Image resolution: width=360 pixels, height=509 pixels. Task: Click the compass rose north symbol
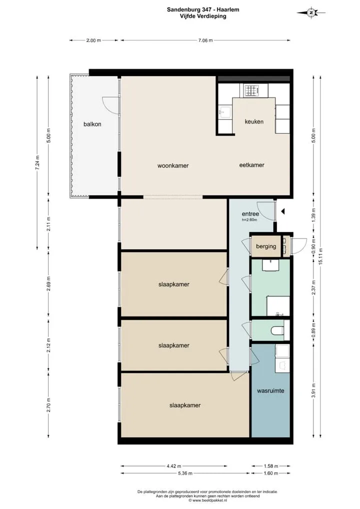click(x=311, y=12)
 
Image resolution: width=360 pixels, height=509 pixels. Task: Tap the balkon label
click(x=92, y=124)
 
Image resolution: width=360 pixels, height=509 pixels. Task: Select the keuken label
click(x=254, y=121)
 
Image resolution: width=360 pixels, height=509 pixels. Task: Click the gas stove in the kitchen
click(x=252, y=90)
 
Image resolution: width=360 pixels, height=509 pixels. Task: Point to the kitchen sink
click(x=224, y=112)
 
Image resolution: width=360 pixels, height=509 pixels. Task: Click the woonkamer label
click(x=173, y=165)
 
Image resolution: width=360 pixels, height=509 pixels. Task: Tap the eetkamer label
click(x=251, y=165)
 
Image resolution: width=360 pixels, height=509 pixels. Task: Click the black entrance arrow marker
click(x=282, y=211)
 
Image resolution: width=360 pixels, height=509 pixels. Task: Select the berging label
click(x=266, y=246)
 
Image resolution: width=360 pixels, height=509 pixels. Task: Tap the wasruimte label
click(x=270, y=391)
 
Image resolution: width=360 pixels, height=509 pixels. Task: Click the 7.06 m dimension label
click(x=205, y=40)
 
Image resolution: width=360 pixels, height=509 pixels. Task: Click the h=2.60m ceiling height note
click(x=249, y=220)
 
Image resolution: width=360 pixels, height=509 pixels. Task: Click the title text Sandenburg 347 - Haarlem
click(x=203, y=9)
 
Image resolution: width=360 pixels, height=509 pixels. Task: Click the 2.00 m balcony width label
click(x=93, y=40)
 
